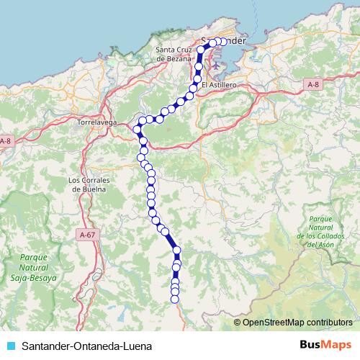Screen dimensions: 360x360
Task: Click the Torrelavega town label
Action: click(x=96, y=122)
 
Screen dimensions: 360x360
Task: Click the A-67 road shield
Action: click(x=87, y=235)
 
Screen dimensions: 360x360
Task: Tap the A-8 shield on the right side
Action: click(x=312, y=84)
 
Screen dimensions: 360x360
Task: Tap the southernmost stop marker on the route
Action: click(x=175, y=298)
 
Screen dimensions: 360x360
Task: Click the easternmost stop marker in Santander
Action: click(x=223, y=42)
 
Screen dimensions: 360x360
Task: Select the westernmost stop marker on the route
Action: click(x=136, y=129)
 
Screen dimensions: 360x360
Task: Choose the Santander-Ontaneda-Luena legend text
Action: click(x=86, y=346)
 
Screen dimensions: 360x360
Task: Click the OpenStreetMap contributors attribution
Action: click(x=297, y=323)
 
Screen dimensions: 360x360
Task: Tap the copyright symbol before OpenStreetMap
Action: click(x=238, y=323)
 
